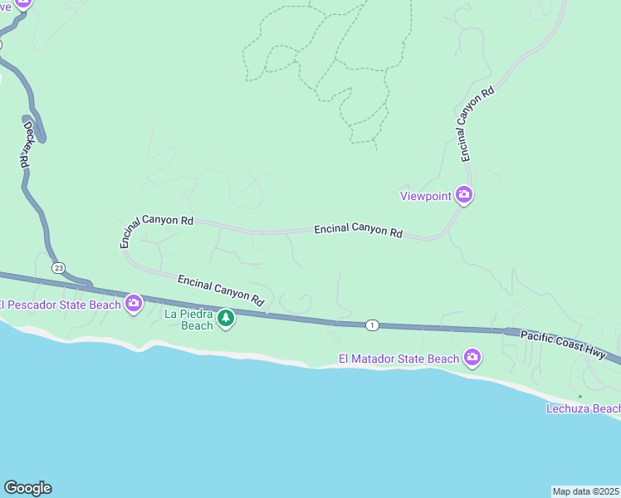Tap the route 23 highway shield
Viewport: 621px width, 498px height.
click(58, 268)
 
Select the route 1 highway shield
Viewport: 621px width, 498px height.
click(373, 325)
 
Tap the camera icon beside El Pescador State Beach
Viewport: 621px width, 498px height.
click(134, 305)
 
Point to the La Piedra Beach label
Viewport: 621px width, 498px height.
click(189, 320)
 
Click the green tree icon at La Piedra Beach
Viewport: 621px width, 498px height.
click(225, 319)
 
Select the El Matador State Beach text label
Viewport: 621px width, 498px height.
click(399, 359)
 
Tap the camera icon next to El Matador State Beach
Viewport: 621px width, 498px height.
click(472, 359)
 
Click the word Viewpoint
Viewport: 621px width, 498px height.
click(425, 196)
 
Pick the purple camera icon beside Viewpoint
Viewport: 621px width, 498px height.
click(464, 196)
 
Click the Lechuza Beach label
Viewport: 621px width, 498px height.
click(583, 408)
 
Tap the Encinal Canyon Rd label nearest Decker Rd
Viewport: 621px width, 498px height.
click(156, 228)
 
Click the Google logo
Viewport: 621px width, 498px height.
click(27, 488)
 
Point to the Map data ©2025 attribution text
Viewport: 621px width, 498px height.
click(585, 491)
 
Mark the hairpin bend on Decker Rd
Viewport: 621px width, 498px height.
click(42, 134)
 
